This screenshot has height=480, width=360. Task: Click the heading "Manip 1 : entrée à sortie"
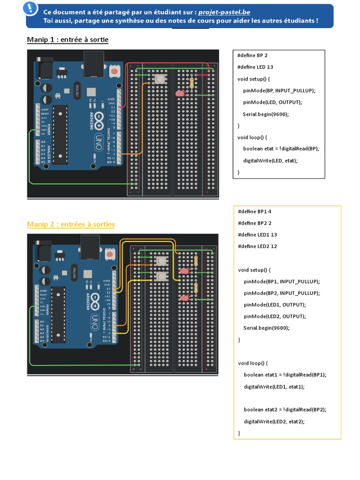point(67,40)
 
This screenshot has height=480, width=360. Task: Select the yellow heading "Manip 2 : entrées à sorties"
point(71,225)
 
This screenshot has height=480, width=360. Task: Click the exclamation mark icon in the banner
point(31,8)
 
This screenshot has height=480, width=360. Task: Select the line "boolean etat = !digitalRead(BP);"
point(281,149)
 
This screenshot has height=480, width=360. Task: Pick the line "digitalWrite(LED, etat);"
point(270,160)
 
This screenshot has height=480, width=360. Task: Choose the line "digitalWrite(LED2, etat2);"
point(274,421)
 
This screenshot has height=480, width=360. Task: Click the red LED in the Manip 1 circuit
point(180,94)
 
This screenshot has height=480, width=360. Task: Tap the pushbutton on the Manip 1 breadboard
point(160,79)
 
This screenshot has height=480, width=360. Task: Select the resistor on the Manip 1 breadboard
point(191,82)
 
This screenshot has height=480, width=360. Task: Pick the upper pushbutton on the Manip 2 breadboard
point(161,261)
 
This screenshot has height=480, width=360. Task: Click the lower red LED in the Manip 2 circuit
point(184,298)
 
